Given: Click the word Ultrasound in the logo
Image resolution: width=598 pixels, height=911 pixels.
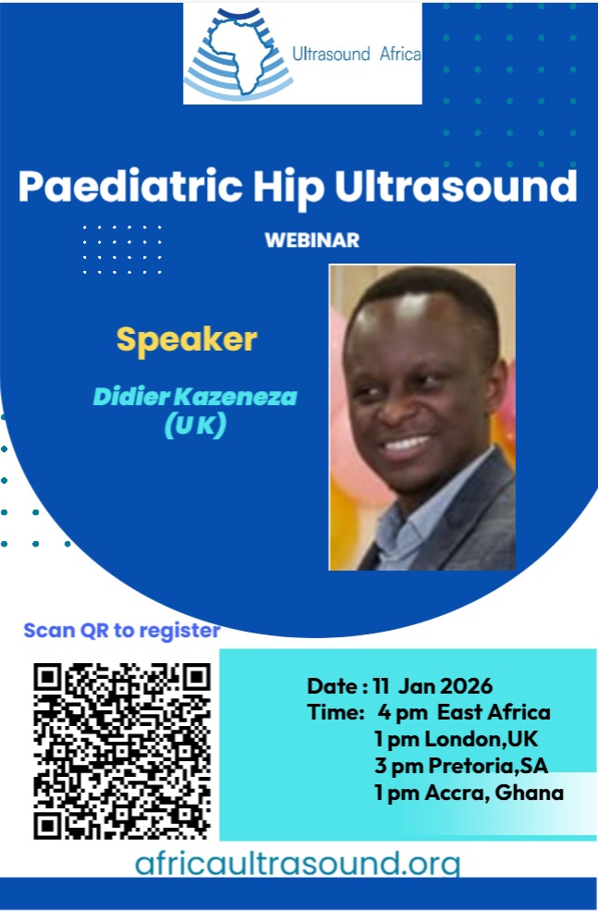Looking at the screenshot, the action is [x=332, y=54].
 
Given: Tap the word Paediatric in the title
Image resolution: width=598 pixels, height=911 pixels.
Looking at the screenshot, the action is [x=130, y=187].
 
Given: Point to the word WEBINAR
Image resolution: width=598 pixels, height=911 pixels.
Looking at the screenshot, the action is [x=312, y=240].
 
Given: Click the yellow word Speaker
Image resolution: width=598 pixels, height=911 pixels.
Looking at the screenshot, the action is [x=187, y=340].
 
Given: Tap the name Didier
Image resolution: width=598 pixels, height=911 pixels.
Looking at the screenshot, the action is [x=132, y=397].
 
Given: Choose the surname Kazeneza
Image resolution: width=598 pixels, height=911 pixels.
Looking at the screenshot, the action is [x=236, y=397].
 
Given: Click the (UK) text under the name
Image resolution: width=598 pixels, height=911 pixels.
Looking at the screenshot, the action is [x=195, y=425].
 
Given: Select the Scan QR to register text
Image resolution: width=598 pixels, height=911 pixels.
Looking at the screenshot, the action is [x=122, y=631].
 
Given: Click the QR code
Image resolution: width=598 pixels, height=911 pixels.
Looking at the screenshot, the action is [x=122, y=751].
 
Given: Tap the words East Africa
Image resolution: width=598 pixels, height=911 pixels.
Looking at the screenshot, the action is [x=494, y=712].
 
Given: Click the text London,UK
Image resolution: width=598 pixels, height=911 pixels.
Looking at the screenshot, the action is [x=482, y=739].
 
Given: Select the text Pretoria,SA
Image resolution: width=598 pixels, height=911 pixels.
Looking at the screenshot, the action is [x=488, y=766].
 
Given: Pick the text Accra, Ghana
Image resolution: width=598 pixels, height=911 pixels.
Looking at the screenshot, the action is [x=494, y=793].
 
